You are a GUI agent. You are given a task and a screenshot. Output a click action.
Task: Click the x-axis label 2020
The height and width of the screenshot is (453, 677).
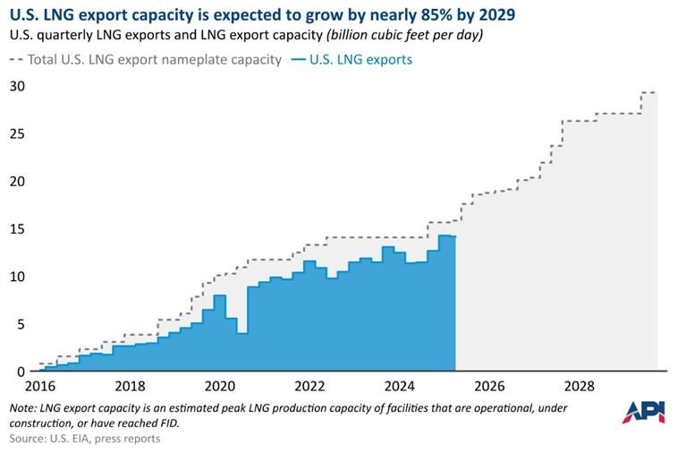pyautogui.click(x=220, y=387)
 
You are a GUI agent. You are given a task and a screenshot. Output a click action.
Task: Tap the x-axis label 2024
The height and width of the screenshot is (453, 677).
pyautogui.click(x=398, y=387)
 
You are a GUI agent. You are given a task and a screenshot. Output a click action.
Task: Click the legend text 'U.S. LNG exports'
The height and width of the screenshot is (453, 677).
pyautogui.click(x=360, y=59)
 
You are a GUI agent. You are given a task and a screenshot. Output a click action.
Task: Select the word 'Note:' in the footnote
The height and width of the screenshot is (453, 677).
pyautogui.click(x=24, y=407)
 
